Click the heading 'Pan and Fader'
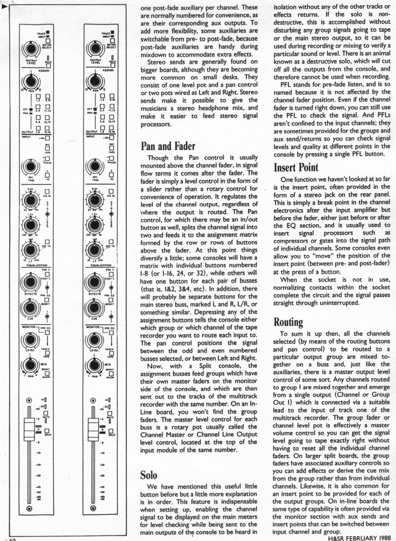(x=168, y=146)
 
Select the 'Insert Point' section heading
(x=296, y=168)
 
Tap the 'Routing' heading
(x=288, y=322)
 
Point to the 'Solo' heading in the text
(x=149, y=475)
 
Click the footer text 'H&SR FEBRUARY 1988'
(x=359, y=538)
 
